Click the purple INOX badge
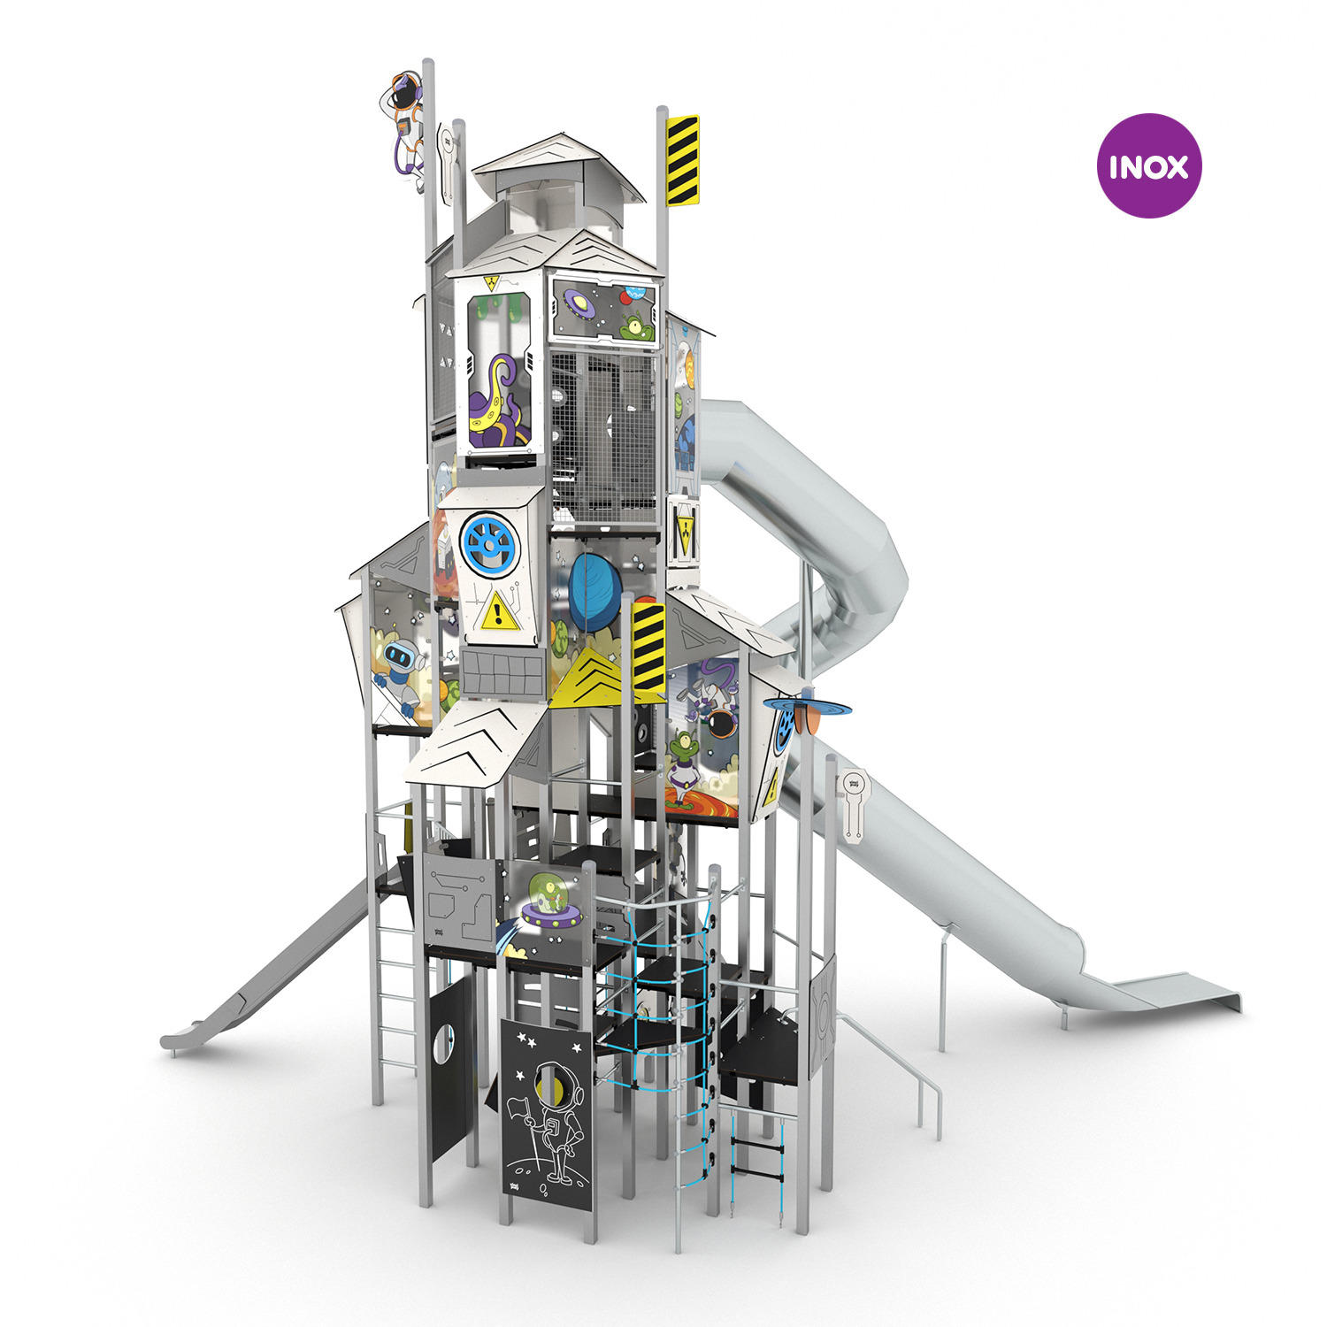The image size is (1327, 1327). coord(1148,165)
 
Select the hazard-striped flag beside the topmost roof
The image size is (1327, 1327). coord(683,160)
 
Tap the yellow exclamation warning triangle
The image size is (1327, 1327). coord(499,610)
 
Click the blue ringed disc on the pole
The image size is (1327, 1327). coord(807,707)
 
